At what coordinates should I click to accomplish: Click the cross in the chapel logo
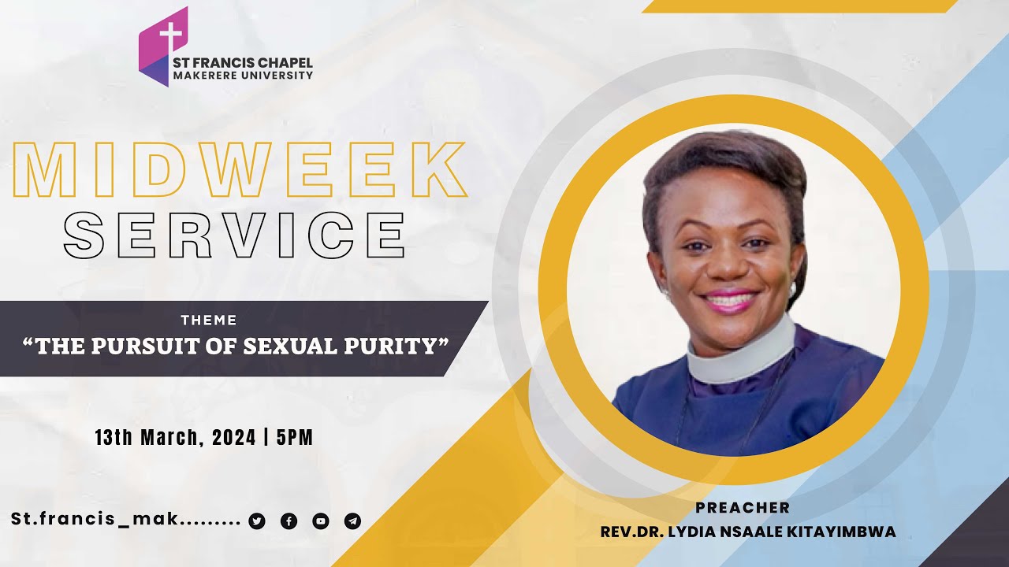(169, 36)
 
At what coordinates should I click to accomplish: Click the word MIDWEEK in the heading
(241, 171)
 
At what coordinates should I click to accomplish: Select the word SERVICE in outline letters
(235, 234)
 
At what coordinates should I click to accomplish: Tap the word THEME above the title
(209, 321)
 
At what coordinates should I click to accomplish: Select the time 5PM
(295, 438)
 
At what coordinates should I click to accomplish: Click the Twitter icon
(257, 521)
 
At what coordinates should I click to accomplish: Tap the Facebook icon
(289, 521)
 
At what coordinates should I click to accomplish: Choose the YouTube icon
(321, 521)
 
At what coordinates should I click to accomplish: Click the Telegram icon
(352, 521)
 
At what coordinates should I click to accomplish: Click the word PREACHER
(743, 508)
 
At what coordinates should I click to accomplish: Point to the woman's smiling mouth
(729, 299)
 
